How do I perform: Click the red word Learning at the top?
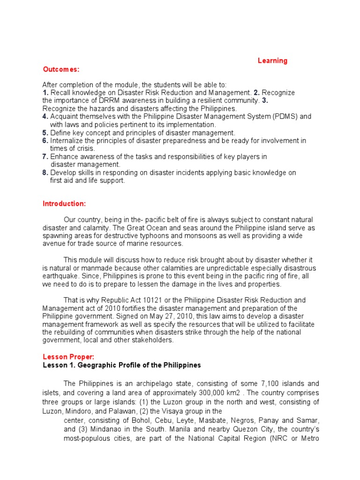coord(272,61)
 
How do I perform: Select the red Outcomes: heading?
coord(61,69)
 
